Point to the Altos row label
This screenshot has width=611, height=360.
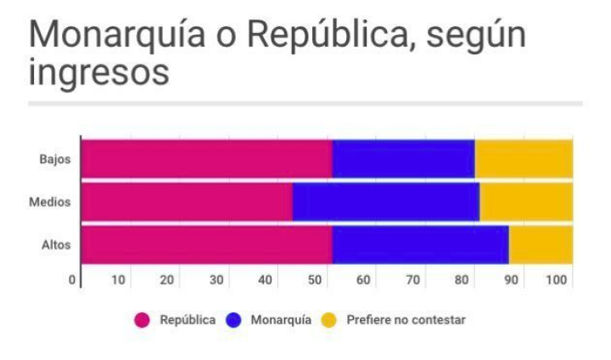click(x=55, y=246)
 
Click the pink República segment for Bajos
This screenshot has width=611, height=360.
click(x=206, y=159)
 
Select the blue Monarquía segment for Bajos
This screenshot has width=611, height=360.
click(x=403, y=159)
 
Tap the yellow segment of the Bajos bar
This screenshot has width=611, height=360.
click(x=524, y=159)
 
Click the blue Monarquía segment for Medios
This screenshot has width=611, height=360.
click(x=386, y=202)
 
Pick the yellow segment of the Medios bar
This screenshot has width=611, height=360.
click(x=526, y=202)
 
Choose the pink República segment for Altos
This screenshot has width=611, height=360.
click(x=206, y=246)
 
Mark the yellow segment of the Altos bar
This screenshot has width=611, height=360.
click(x=541, y=246)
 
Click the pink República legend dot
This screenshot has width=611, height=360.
click(x=143, y=320)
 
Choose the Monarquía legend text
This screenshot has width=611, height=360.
click(x=281, y=320)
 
